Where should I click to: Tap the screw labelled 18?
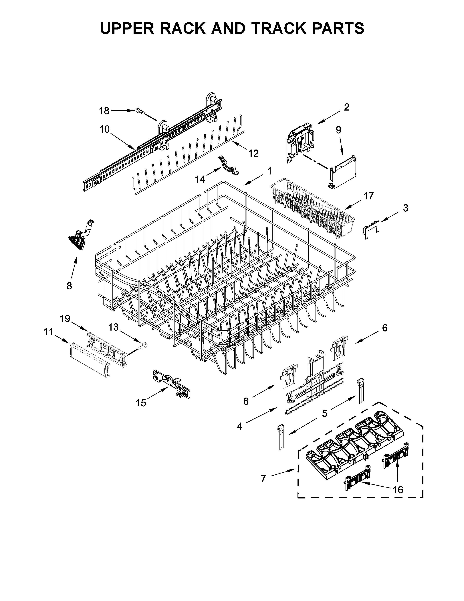[140, 111]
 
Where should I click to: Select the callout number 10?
[104, 129]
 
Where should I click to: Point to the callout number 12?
[253, 153]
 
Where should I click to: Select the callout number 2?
[347, 107]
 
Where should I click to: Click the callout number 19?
[65, 319]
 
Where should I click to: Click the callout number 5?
[325, 413]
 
